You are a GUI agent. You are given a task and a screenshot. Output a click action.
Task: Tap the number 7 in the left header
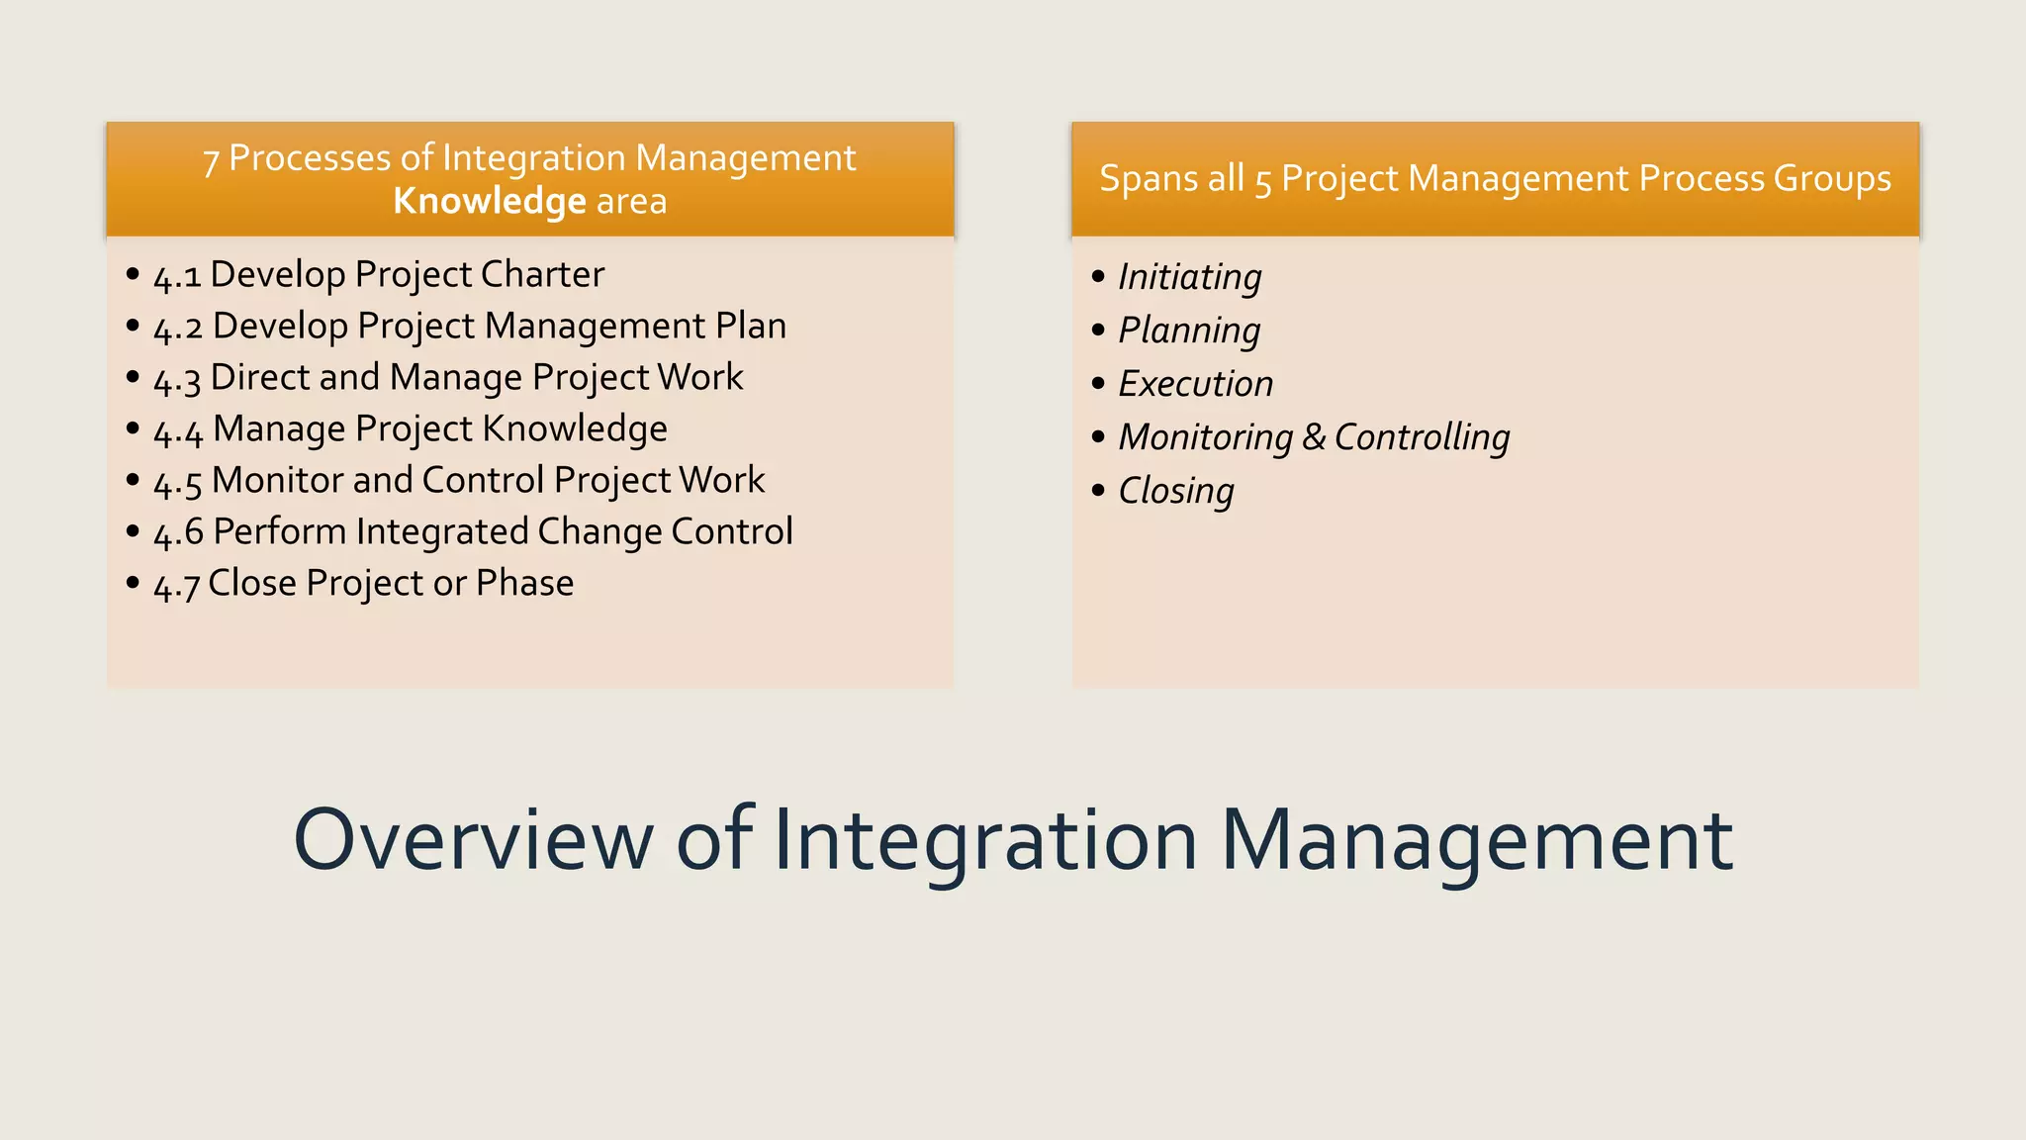[211, 161]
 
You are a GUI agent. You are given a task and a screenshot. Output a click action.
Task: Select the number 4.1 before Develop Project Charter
[177, 276]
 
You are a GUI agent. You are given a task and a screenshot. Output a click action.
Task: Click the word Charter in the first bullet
[542, 274]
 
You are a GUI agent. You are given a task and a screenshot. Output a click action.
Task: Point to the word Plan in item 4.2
[751, 326]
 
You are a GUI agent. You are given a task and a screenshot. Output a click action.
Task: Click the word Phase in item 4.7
[524, 583]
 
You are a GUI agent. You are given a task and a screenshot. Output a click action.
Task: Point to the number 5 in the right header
[1262, 182]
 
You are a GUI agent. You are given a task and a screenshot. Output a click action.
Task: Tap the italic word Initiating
[1190, 277]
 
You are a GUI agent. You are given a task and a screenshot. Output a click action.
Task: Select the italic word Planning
[1189, 331]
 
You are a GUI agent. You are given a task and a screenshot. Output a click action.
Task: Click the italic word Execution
[1196, 384]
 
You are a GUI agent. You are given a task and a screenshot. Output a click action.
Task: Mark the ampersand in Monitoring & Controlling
[1313, 437]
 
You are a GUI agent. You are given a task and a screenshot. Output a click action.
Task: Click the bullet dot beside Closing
[1098, 490]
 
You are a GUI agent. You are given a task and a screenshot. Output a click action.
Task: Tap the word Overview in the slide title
[473, 839]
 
